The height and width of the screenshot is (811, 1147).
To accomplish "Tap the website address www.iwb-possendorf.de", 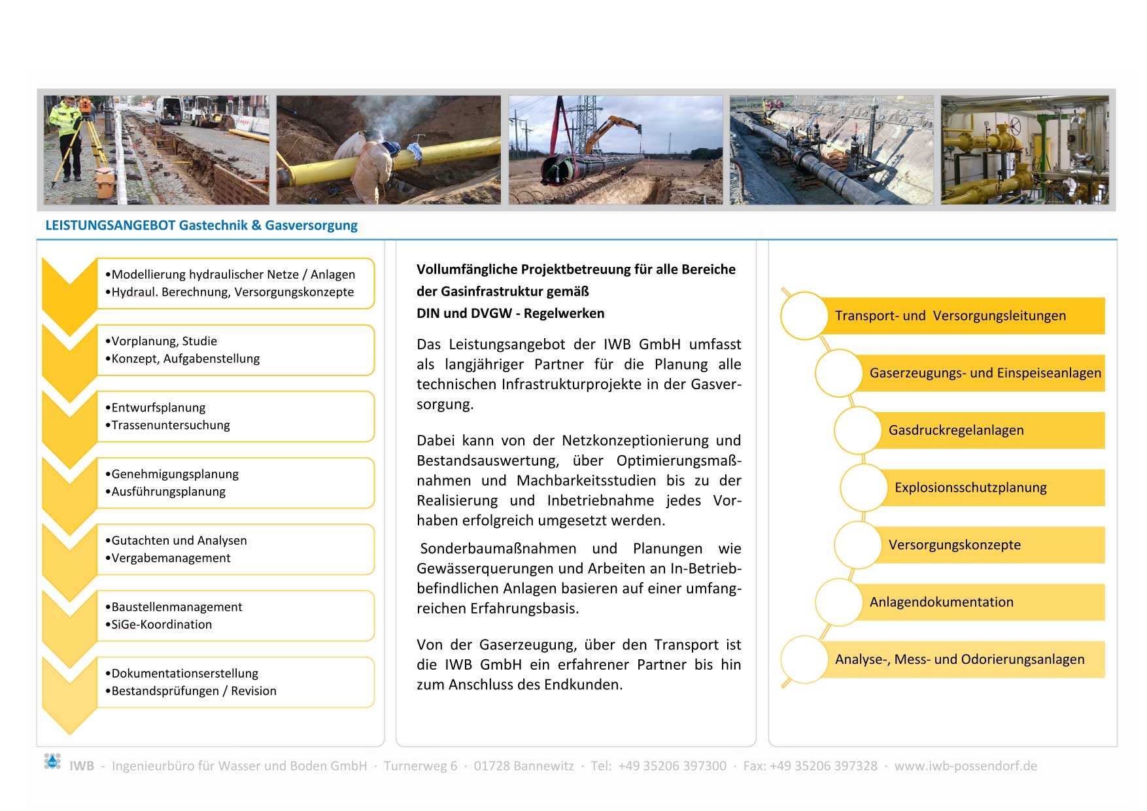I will [x=965, y=766].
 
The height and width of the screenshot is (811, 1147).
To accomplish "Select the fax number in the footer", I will [x=810, y=766].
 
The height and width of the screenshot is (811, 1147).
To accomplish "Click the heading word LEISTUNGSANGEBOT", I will [x=110, y=226].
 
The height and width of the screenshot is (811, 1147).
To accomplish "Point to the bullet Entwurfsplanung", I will [x=158, y=407].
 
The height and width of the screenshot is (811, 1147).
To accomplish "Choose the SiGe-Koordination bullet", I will [x=162, y=625].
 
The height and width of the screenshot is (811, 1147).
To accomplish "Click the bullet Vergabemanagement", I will [x=171, y=558].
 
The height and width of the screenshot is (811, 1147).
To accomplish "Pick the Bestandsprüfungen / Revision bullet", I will [x=194, y=691].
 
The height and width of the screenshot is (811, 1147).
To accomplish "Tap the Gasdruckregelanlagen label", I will [x=955, y=430].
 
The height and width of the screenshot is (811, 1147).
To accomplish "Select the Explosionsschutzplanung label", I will [x=970, y=488].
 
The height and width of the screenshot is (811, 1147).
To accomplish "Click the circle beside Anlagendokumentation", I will [x=838, y=602].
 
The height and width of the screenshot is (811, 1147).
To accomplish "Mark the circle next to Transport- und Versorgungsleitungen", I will [x=804, y=316].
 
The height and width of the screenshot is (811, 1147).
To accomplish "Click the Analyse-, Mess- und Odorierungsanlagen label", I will [x=959, y=659].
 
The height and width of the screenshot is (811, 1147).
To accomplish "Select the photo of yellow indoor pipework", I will [x=1024, y=150].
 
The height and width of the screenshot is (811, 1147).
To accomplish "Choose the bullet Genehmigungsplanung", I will [x=175, y=474].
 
